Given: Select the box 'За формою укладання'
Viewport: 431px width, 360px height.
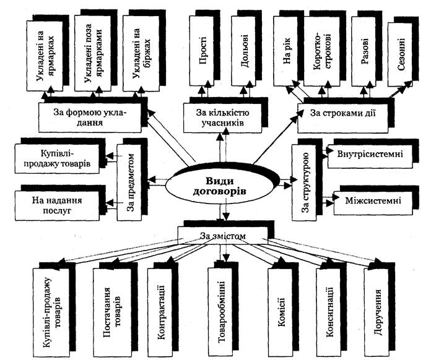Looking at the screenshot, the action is point(90,118).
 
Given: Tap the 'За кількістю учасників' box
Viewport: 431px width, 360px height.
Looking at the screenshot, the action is point(223,118).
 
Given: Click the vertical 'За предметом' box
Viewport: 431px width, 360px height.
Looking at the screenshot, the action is point(129,182).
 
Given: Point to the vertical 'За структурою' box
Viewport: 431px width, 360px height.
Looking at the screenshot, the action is point(303,182).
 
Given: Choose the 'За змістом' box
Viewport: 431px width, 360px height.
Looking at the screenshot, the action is point(223,236).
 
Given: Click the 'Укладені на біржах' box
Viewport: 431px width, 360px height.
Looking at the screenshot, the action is point(141,53).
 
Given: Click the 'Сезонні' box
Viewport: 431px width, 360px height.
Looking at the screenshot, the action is point(400,54).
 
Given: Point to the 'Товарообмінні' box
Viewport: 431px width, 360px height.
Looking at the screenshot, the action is point(220,312).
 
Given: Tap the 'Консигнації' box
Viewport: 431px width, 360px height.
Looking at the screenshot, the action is point(328,312).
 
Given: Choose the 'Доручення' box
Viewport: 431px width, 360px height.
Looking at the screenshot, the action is point(377,312).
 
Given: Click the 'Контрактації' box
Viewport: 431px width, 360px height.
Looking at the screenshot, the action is point(160,312).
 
